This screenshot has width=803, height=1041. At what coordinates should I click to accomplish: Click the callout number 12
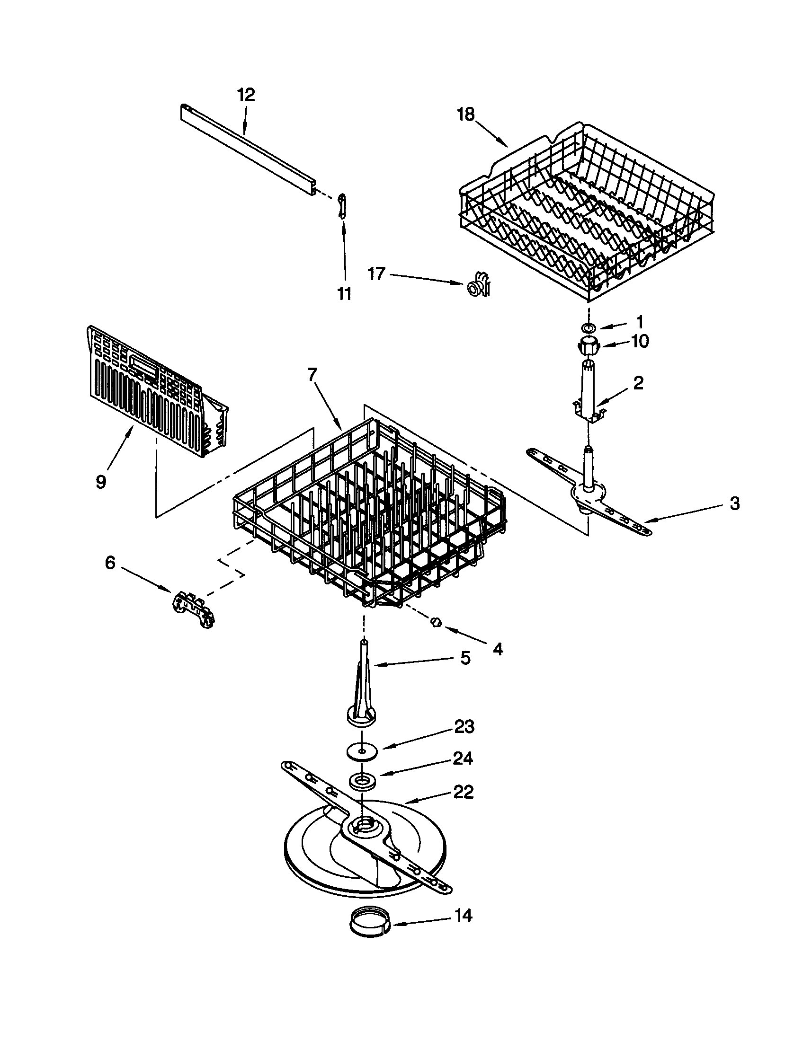click(x=246, y=95)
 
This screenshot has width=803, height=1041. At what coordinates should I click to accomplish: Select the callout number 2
click(x=638, y=383)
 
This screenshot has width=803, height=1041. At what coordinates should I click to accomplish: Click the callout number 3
click(x=734, y=503)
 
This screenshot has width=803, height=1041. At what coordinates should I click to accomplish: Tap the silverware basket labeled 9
click(x=152, y=391)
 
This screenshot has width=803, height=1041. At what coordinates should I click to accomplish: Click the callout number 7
click(x=312, y=375)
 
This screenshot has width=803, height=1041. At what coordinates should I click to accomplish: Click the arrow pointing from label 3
click(x=687, y=513)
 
